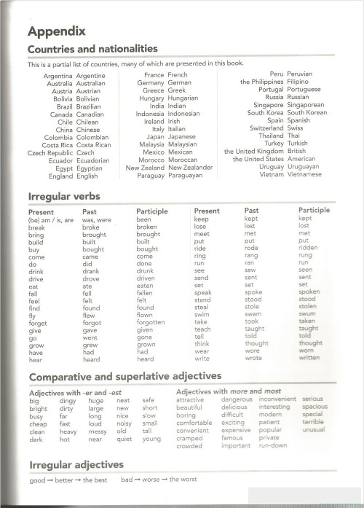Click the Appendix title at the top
pyautogui.click(x=56, y=31)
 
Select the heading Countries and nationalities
pyautogui.click(x=92, y=49)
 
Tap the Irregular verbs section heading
pyautogui.click(x=63, y=197)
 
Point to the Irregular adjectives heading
pyautogui.click(x=76, y=464)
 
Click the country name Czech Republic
pyautogui.click(x=50, y=153)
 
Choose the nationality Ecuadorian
pyautogui.click(x=98, y=160)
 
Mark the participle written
pyautogui.click(x=309, y=358)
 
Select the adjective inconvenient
pyautogui.click(x=277, y=399)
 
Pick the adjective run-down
pyautogui.click(x=273, y=445)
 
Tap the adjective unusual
pyautogui.click(x=314, y=430)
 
